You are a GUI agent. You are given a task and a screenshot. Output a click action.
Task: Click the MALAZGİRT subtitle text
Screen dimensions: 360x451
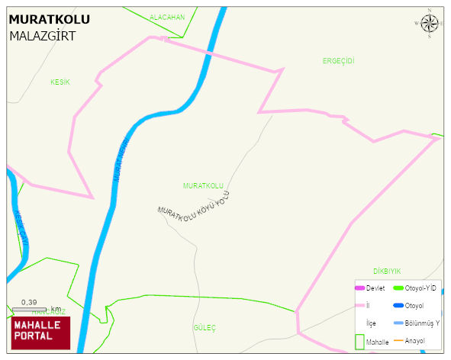pyautogui.click(x=42, y=36)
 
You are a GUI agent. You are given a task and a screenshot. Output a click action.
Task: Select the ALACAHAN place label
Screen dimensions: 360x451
pyautogui.click(x=167, y=17)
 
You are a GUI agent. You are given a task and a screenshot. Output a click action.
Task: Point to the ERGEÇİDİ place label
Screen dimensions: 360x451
pyautogui.click(x=339, y=60)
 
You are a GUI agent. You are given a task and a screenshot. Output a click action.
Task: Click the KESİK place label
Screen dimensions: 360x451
pyautogui.click(x=60, y=82)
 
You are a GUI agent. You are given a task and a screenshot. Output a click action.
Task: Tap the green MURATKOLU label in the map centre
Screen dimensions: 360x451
pyautogui.click(x=203, y=186)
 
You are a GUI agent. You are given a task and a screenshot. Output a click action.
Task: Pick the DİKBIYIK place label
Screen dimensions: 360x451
pyautogui.click(x=387, y=271)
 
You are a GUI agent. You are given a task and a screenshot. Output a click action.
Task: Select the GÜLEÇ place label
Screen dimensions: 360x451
pyautogui.click(x=205, y=327)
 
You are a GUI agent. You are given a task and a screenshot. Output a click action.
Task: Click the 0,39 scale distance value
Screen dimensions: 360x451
pyautogui.click(x=30, y=301)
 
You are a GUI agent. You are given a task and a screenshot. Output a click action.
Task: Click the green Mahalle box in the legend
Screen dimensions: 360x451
pyautogui.click(x=360, y=341)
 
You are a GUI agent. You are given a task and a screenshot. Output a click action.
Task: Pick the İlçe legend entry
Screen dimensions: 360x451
pyautogui.click(x=372, y=323)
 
